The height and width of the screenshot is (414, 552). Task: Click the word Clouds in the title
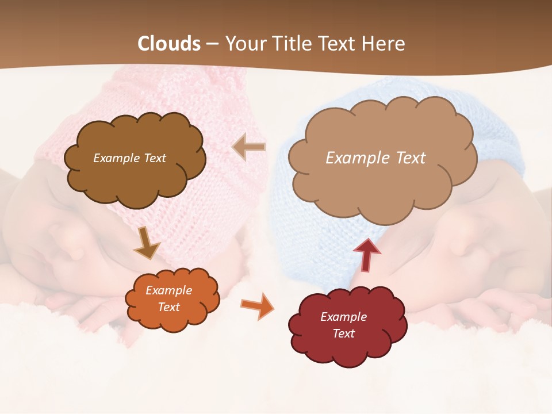click(x=169, y=44)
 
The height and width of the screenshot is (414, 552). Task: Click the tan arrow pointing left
click(x=249, y=147)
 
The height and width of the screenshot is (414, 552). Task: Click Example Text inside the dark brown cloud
click(x=129, y=158)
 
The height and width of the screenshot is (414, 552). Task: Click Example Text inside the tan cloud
click(x=375, y=158)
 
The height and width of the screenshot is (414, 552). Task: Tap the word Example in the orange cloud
click(x=168, y=290)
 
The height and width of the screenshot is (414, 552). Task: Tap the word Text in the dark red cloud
click(x=343, y=333)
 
